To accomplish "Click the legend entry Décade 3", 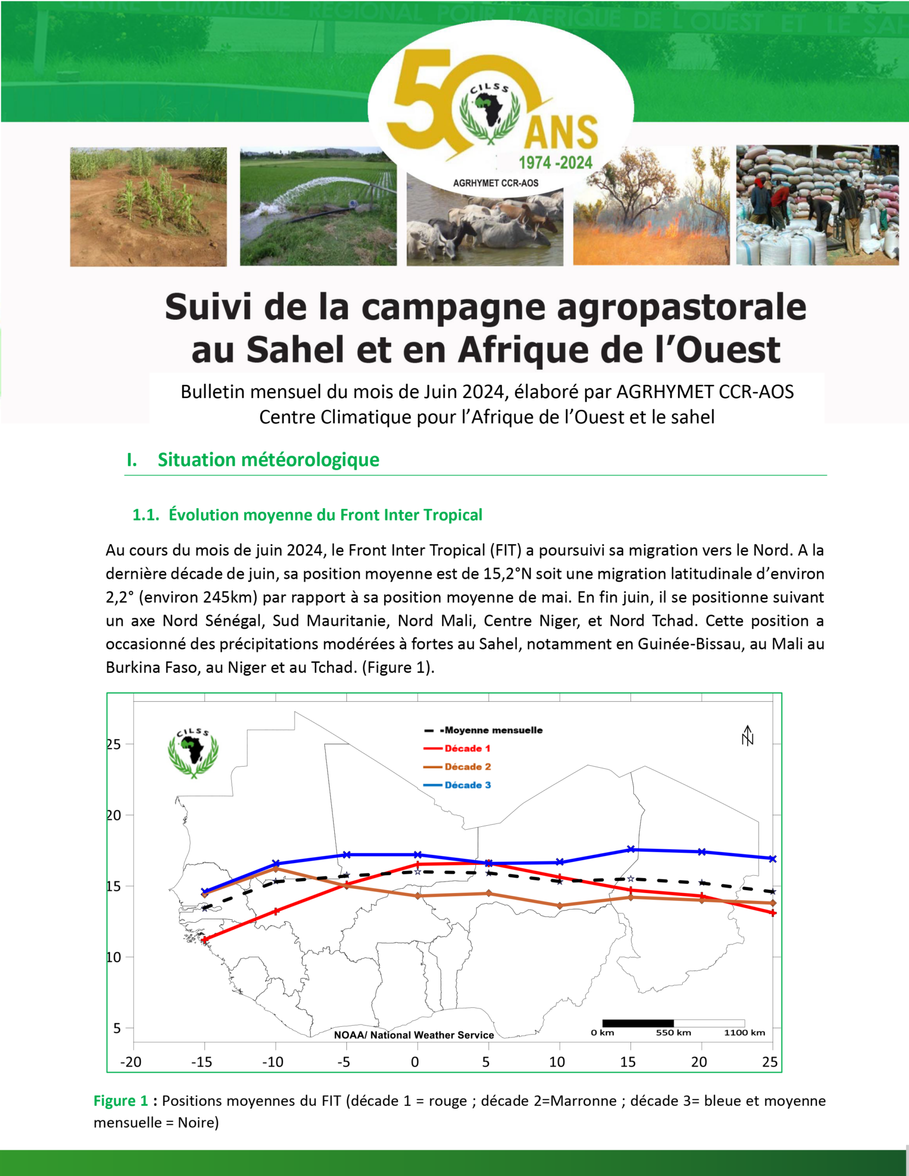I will click(467, 785).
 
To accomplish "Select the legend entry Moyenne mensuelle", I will click(493, 730).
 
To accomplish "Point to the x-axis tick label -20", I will click(130, 1062).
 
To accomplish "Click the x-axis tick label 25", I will click(769, 1062).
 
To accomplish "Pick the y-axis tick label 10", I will click(114, 957).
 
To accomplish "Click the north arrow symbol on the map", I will click(747, 736).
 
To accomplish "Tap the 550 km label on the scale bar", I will click(673, 1032).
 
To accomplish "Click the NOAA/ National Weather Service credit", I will click(414, 1035).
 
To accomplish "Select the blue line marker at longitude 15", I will click(631, 849).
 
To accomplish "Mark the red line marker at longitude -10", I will click(276, 911).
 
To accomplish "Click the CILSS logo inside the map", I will click(194, 753).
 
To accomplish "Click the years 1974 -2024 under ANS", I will click(555, 163).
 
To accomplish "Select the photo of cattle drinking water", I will click(485, 227).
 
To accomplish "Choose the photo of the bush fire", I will click(651, 207).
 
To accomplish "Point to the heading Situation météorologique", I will click(268, 460).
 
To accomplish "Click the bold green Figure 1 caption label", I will click(121, 1101).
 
